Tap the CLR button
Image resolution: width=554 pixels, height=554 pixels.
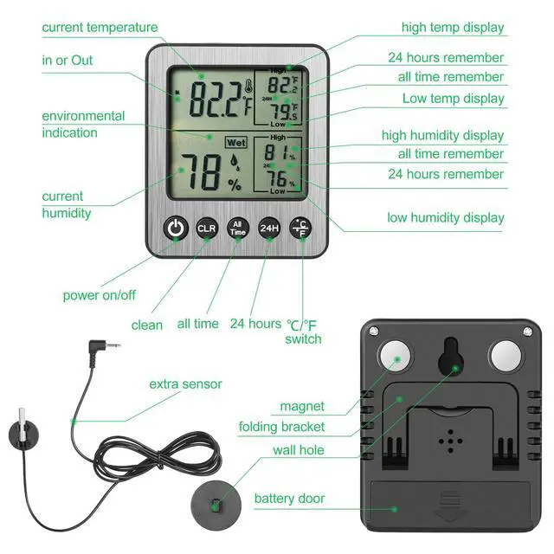coord(207,228)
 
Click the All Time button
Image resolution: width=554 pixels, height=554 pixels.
coord(238,228)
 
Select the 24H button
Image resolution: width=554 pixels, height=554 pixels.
coord(269,228)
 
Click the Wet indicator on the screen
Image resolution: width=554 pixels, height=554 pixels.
coord(234,141)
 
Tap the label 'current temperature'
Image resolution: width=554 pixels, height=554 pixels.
coord(100,28)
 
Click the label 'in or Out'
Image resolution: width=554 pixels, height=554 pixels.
coord(68,61)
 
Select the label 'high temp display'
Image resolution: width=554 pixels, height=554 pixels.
coord(452,28)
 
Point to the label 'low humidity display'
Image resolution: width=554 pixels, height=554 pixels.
coord(445,217)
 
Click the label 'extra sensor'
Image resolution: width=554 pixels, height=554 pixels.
coord(185,383)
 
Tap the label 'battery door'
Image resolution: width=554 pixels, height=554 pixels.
coord(290,499)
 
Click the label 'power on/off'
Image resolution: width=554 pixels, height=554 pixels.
coord(99,295)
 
